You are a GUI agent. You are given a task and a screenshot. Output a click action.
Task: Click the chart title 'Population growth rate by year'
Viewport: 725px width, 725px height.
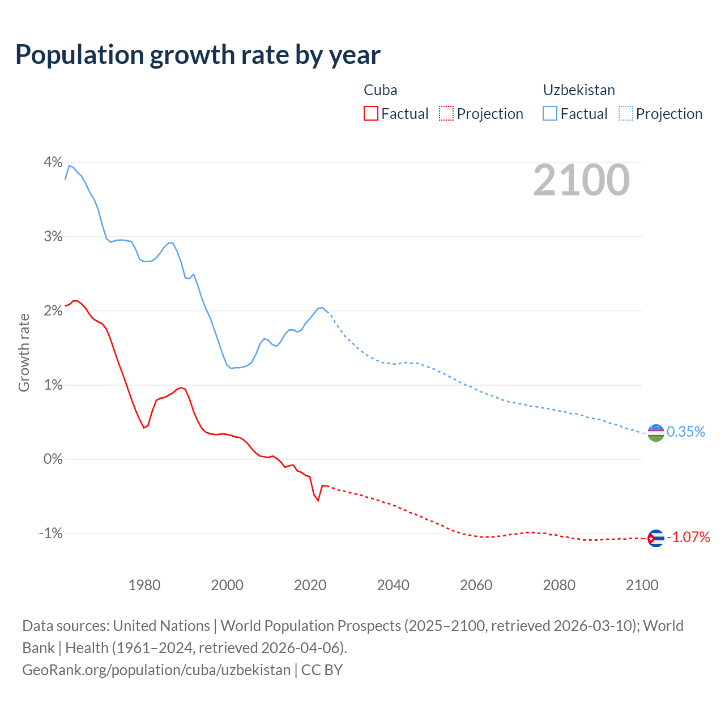click(198, 55)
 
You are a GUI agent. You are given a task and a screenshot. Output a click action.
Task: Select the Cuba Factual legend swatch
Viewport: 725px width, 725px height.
click(370, 113)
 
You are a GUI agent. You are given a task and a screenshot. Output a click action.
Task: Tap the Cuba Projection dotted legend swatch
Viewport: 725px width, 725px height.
click(446, 113)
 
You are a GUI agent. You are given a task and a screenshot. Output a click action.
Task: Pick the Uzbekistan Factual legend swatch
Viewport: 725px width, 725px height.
click(550, 113)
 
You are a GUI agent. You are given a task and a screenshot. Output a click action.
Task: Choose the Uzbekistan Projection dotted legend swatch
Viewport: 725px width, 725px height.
click(626, 113)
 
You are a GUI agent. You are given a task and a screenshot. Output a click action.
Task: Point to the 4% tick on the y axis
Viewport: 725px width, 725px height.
click(53, 163)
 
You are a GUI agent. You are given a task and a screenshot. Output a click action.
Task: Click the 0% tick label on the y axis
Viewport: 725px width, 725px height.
click(53, 459)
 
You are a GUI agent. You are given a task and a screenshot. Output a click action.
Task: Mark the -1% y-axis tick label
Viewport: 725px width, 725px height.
click(50, 534)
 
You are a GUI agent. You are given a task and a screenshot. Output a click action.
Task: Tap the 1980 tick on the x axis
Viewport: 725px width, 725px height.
click(144, 585)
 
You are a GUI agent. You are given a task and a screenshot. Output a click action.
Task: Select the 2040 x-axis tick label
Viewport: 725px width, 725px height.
click(393, 585)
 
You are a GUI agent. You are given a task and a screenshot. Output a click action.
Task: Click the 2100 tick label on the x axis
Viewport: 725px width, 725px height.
click(642, 585)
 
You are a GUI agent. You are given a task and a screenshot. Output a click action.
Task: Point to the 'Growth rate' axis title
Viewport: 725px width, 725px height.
click(24, 352)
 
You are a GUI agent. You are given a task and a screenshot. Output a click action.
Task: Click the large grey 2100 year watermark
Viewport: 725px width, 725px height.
click(581, 180)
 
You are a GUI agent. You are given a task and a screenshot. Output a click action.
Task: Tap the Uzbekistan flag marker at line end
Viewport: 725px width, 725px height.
click(655, 433)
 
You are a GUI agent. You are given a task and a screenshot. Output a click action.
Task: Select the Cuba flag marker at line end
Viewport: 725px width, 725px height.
click(655, 538)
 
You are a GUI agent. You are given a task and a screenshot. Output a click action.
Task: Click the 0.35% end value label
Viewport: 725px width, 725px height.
click(686, 432)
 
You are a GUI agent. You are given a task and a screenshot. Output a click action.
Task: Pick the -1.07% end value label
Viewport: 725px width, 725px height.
click(688, 537)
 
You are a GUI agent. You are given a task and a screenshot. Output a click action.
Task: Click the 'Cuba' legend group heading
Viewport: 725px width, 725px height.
click(380, 90)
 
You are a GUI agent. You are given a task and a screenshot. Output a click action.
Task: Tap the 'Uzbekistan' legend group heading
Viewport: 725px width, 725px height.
click(579, 90)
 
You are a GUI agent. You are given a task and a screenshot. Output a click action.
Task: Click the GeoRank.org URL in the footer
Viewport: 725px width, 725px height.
click(156, 670)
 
